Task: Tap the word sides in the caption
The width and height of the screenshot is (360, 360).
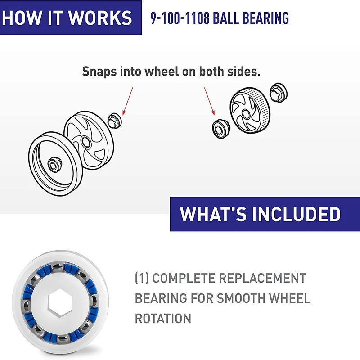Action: [x=245, y=71]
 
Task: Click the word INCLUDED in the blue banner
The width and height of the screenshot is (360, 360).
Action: [x=296, y=214]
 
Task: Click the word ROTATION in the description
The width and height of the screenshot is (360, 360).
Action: [x=163, y=318]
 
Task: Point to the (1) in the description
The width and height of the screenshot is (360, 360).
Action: [x=142, y=278]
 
